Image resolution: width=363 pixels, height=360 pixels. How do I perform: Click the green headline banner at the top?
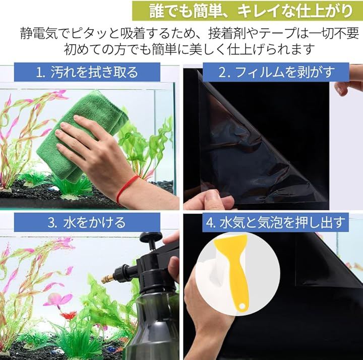247,11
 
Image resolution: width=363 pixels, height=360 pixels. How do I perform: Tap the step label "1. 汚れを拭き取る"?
87,72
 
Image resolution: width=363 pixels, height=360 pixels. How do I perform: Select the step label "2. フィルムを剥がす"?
276,72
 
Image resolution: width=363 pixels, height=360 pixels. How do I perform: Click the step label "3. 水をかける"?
87,223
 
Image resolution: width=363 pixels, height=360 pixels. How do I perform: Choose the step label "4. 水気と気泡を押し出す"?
275,223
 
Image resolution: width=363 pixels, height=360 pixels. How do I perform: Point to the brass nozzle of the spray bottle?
108,278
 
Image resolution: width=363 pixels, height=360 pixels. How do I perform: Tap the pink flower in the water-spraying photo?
58,300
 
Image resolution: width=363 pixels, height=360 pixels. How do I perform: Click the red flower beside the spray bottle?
68,315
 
